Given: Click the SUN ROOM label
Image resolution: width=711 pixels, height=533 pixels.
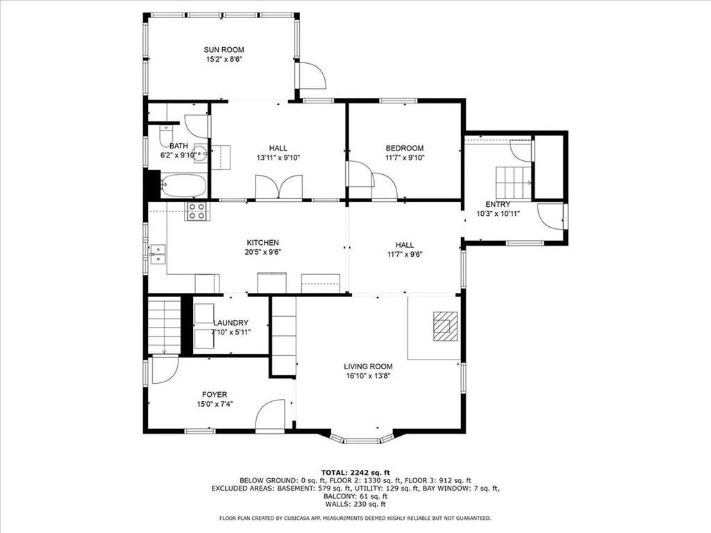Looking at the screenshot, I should (x=224, y=49).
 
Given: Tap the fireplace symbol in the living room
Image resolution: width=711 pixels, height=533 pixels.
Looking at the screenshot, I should (x=445, y=325).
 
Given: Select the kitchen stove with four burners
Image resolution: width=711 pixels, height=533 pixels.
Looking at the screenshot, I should (x=196, y=212).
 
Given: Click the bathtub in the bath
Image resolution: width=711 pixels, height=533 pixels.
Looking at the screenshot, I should (x=183, y=186).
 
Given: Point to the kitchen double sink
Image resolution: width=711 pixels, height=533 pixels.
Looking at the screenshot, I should (x=158, y=254).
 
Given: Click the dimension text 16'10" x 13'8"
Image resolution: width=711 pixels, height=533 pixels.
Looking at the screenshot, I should (x=368, y=376).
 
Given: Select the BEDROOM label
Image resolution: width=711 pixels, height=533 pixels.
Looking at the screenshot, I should (x=405, y=148).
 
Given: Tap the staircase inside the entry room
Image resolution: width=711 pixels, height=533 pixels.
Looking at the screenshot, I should (x=512, y=182).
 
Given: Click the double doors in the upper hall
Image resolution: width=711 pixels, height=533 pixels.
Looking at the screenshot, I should (x=279, y=187).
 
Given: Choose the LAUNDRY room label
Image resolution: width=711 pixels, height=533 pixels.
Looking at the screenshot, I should (x=231, y=323).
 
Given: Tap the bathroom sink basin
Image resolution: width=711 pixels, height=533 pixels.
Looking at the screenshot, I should (x=200, y=153).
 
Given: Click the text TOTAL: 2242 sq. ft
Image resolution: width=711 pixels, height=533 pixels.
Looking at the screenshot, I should (x=355, y=472).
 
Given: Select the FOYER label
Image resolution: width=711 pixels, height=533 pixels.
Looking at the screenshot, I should (x=215, y=394).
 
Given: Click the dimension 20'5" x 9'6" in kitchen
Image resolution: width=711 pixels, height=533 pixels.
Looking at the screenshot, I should (x=262, y=252).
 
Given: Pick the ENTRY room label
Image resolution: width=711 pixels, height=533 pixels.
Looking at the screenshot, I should (x=498, y=204).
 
